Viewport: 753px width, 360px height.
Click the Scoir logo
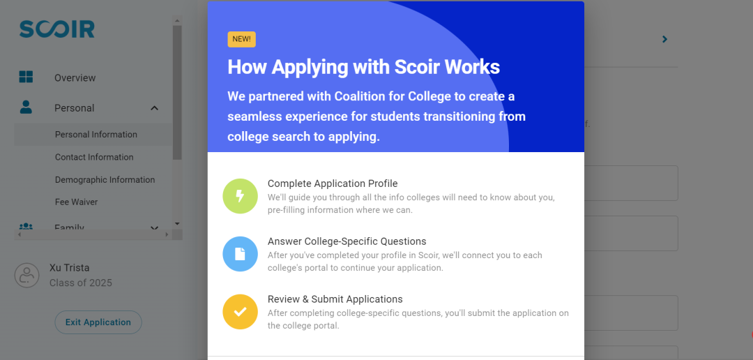click(56, 29)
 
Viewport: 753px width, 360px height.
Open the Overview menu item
click(75, 78)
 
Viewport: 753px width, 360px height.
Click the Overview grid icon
click(26, 77)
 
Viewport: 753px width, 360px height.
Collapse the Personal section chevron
click(154, 108)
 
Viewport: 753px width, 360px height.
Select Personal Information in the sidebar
click(96, 135)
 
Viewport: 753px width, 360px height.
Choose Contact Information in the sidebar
click(94, 157)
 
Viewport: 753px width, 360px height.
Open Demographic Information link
click(105, 180)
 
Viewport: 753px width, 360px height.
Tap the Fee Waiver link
click(77, 202)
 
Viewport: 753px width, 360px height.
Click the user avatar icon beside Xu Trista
click(27, 276)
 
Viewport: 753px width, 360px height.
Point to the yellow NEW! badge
click(241, 39)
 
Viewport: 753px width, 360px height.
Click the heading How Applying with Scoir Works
click(363, 67)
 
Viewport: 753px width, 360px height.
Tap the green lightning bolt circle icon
click(240, 196)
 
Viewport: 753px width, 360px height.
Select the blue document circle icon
click(240, 254)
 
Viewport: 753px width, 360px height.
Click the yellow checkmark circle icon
click(240, 311)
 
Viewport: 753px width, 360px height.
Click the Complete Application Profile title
click(333, 183)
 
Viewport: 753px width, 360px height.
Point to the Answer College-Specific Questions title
click(347, 241)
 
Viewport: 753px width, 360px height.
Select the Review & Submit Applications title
click(335, 299)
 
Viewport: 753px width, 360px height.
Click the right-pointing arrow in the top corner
click(664, 39)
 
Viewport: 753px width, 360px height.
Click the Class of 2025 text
click(81, 283)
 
